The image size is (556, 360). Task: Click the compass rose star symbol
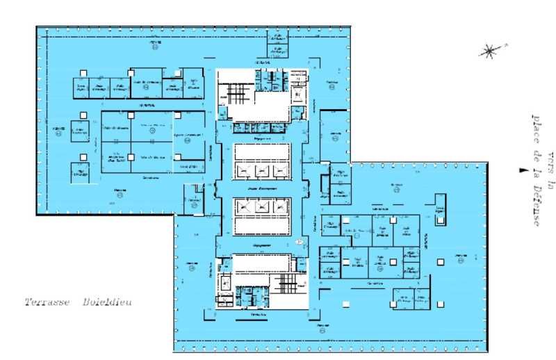490,50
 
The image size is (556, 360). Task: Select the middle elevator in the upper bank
262,170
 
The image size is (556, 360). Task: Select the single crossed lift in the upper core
297,94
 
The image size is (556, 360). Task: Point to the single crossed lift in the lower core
226,283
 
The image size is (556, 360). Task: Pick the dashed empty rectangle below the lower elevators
261,226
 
